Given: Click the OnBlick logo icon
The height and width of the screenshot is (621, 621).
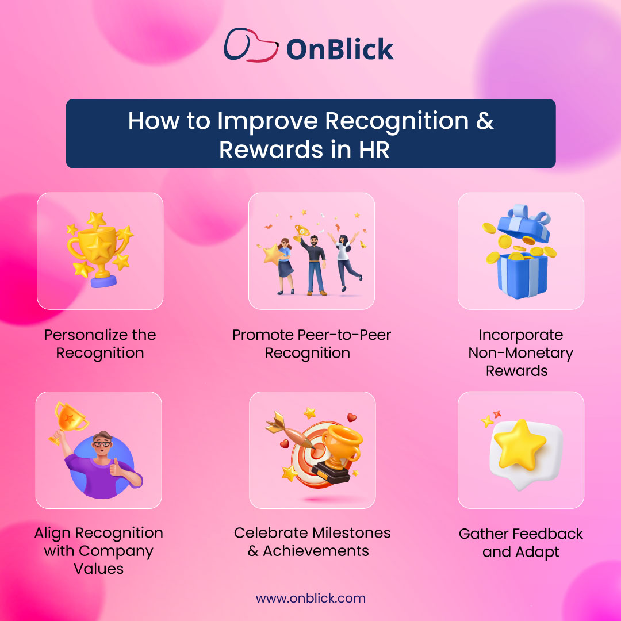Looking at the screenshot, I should click(x=252, y=45).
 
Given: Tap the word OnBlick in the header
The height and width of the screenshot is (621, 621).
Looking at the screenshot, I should click(x=339, y=49).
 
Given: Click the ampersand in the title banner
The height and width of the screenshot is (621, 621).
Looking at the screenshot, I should click(x=485, y=121).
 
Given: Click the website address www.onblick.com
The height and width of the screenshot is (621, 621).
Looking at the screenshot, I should click(x=310, y=598).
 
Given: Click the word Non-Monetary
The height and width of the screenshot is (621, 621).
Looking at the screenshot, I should click(x=520, y=352).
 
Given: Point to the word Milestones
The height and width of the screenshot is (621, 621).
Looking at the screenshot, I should click(x=348, y=533).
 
